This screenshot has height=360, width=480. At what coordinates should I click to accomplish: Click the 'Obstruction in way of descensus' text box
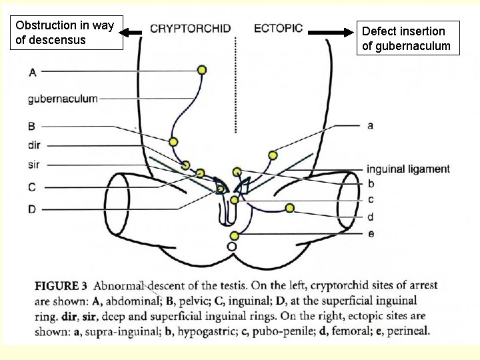pyautogui.click(x=65, y=33)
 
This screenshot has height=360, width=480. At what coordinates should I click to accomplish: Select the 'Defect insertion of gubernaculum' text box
pyautogui.click(x=406, y=38)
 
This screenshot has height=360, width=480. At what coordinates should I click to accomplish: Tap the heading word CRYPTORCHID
pyautogui.click(x=190, y=29)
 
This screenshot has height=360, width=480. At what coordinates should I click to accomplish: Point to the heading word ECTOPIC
pyautogui.click(x=278, y=29)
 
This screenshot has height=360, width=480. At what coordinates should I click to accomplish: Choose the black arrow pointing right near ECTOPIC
pyautogui.click(x=333, y=32)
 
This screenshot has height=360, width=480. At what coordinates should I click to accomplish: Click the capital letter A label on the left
pyautogui.click(x=33, y=72)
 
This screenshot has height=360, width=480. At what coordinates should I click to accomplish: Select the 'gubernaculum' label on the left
pyautogui.click(x=63, y=99)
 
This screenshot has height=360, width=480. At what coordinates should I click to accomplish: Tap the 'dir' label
pyautogui.click(x=35, y=145)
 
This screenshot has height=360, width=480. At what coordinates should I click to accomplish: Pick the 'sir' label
pyautogui.click(x=35, y=164)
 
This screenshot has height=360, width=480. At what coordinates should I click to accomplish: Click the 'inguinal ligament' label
pyautogui.click(x=408, y=169)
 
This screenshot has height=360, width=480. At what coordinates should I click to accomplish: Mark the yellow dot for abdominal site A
pyautogui.click(x=202, y=70)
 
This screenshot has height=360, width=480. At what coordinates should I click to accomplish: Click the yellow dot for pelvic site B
pyautogui.click(x=173, y=141)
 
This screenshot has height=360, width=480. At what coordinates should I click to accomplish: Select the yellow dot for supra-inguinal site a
pyautogui.click(x=273, y=155)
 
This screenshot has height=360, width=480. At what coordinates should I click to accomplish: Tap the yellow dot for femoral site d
pyautogui.click(x=289, y=208)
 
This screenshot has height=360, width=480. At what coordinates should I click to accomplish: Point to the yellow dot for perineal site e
pyautogui.click(x=235, y=235)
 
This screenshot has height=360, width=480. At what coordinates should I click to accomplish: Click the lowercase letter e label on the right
pyautogui.click(x=371, y=233)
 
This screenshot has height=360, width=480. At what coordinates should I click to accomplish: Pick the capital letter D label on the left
pyautogui.click(x=32, y=209)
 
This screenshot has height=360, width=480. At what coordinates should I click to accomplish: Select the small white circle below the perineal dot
pyautogui.click(x=232, y=247)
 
